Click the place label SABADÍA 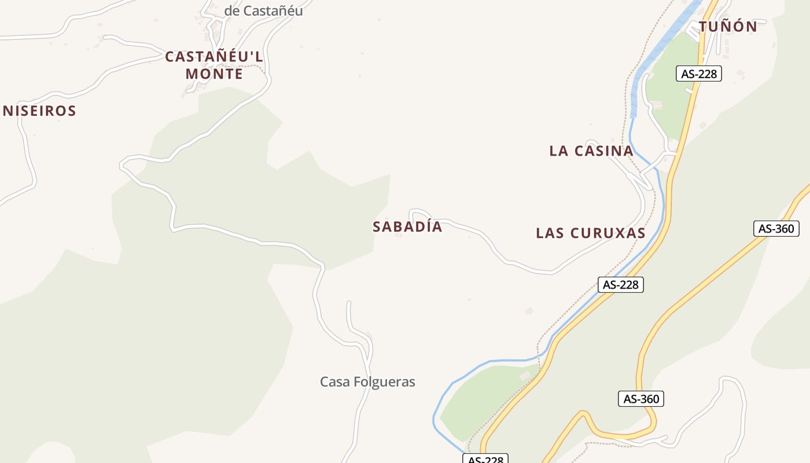407,227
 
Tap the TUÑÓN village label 728,27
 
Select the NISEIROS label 39,111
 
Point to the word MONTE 214,75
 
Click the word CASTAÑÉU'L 214,57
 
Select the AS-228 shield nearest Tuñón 699,74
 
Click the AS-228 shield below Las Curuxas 620,285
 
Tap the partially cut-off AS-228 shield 485,459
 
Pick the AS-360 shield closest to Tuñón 776,229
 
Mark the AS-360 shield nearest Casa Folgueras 641,399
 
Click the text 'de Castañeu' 263,11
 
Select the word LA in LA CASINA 558,151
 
